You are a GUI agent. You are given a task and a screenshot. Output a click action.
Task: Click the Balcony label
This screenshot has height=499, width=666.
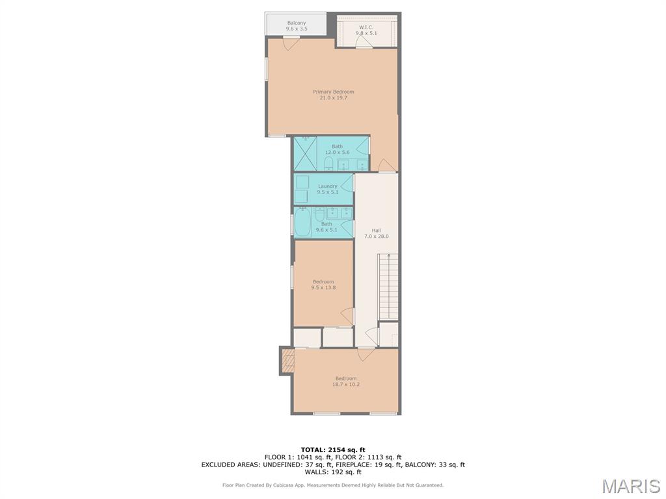(297, 25)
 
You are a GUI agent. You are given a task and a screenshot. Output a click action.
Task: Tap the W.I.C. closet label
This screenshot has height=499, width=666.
(366, 30)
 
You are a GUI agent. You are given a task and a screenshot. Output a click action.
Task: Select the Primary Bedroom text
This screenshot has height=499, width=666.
(333, 95)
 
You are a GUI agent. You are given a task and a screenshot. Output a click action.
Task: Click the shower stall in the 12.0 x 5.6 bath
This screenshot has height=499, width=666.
(305, 153)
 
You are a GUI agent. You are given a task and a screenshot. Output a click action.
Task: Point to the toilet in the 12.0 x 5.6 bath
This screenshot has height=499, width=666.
(329, 162)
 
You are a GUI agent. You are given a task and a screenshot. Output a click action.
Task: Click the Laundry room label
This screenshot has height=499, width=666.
(327, 188)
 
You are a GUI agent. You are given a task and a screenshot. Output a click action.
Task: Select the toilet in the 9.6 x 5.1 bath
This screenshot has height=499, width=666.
(321, 214)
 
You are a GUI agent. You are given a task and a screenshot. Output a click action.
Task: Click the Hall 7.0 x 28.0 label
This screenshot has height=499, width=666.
(376, 233)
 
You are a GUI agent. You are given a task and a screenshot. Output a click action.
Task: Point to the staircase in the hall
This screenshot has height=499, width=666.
(388, 286)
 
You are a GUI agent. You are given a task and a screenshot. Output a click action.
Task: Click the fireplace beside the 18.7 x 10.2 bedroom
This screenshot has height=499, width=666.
(287, 360)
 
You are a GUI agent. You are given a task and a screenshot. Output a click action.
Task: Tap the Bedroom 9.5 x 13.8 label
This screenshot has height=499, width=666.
(323, 284)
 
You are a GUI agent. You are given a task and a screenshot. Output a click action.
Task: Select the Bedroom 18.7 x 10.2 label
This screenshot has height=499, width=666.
(346, 381)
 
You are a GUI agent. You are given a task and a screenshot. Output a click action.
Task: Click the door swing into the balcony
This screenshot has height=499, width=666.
(291, 44)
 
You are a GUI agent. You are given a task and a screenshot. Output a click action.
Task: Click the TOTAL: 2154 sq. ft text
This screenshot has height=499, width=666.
(333, 450)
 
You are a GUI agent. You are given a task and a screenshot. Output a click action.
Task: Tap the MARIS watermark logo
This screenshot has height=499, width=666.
(630, 485)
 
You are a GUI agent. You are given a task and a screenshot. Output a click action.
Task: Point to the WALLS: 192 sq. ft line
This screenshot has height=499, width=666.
(333, 472)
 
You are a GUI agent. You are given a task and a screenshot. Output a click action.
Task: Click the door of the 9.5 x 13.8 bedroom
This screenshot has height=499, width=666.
(347, 316)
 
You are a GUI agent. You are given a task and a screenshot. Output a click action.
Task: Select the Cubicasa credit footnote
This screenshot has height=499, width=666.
(333, 485)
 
